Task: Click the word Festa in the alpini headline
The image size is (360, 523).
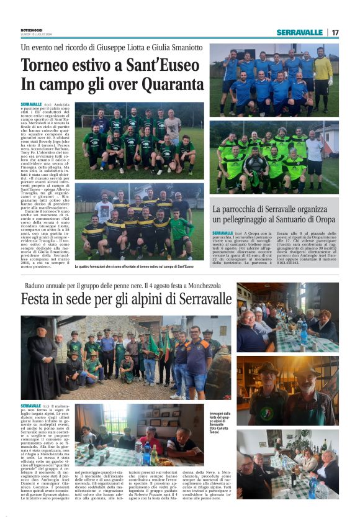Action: pos(42,300)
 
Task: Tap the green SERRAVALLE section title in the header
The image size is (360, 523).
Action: pos(300,32)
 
